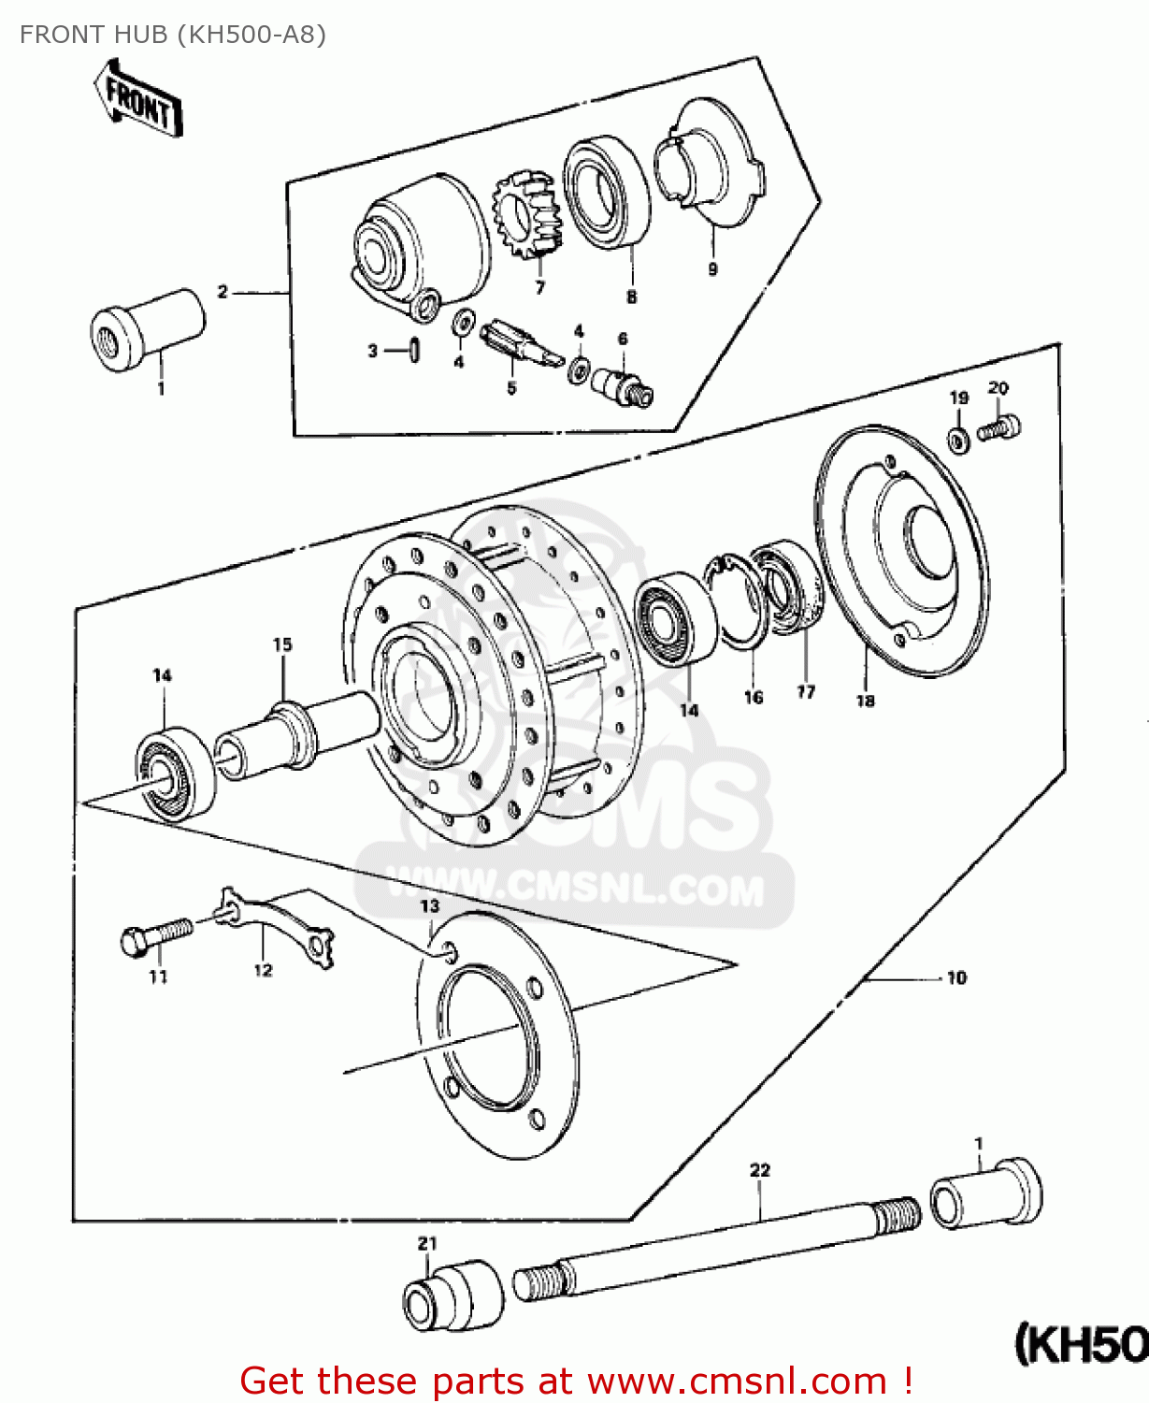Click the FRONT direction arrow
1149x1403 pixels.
138,101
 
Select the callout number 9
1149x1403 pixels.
712,269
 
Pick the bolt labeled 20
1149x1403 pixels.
999,428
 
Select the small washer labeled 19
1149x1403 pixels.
959,438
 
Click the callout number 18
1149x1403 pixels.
865,700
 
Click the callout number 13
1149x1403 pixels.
429,906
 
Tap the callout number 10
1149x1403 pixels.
956,978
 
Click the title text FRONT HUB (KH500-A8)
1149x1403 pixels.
173,35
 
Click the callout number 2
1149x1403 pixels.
223,292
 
